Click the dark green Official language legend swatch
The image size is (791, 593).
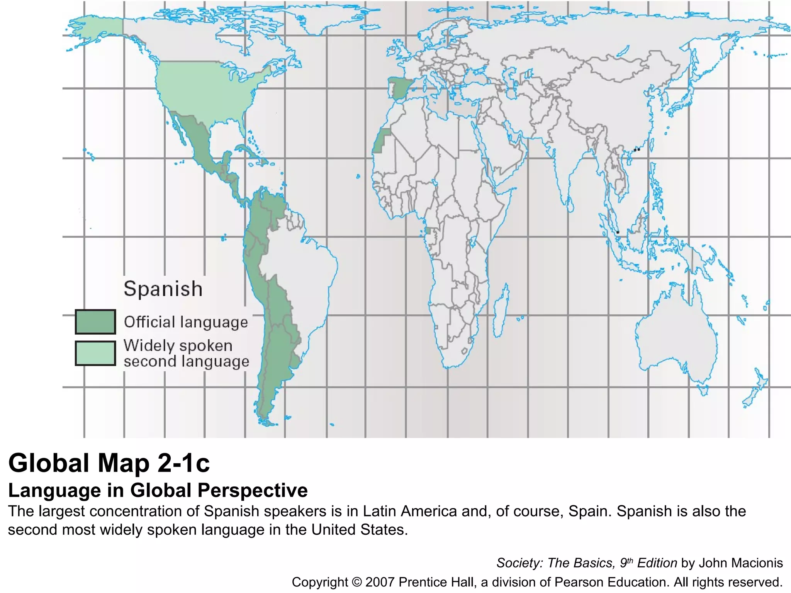click(95, 322)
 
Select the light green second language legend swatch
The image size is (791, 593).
click(95, 353)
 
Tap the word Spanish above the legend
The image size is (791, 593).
click(163, 289)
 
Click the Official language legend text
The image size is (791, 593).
click(186, 322)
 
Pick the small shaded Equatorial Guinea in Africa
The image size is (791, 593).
click(427, 231)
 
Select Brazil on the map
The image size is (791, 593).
click(301, 270)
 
